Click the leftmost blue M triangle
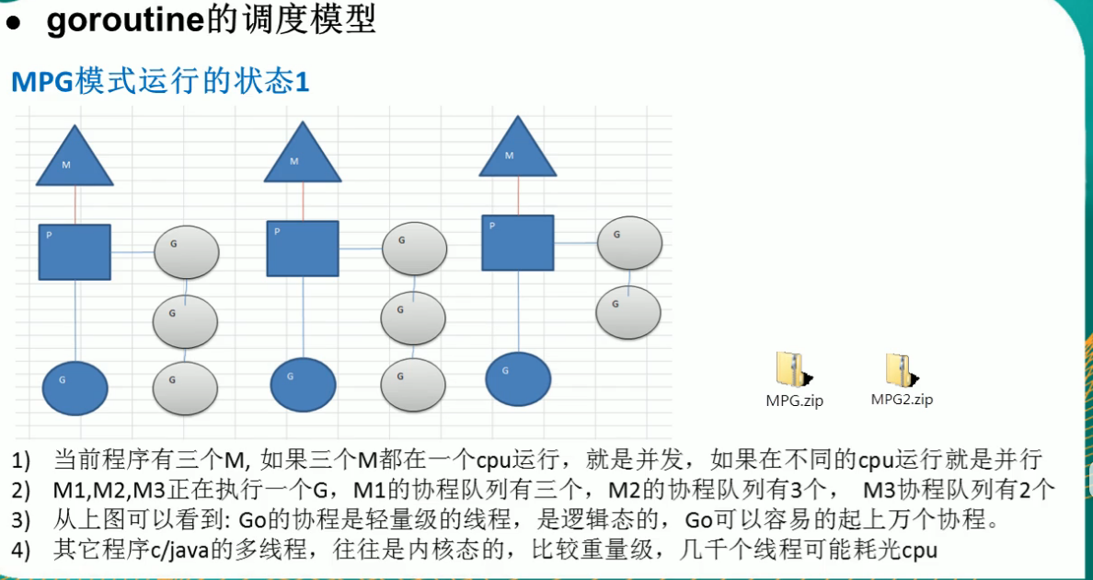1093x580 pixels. tap(75, 159)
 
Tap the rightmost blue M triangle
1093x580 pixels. tap(517, 151)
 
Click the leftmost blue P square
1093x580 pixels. tap(75, 251)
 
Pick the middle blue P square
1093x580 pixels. tap(303, 249)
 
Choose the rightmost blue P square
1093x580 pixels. tap(518, 243)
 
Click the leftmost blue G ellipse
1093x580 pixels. tap(75, 388)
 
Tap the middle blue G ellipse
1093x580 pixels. tap(303, 384)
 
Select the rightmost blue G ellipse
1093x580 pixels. tap(518, 378)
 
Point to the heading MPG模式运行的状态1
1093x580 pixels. tap(160, 82)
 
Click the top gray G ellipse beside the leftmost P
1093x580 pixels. tap(186, 252)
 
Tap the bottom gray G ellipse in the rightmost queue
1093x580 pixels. tap(628, 312)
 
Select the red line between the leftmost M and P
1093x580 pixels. tap(75, 204)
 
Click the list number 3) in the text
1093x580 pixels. tap(21, 520)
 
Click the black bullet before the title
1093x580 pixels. tap(13, 24)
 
